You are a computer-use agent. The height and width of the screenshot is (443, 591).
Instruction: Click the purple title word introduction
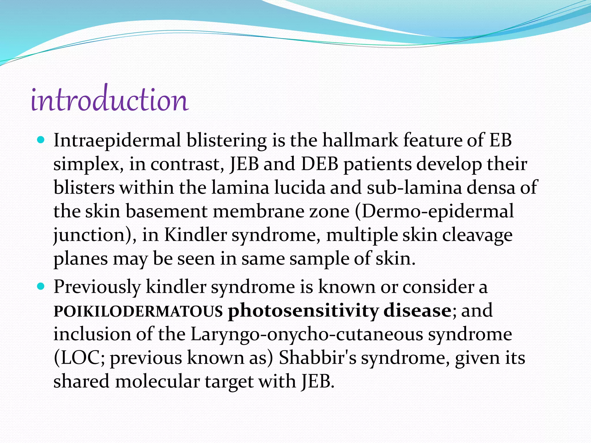coord(110,100)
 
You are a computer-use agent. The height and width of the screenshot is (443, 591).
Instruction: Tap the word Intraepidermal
coord(117,140)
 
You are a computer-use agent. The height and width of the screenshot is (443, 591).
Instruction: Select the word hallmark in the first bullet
coord(360,140)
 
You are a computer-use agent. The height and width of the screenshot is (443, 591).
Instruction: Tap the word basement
coord(166,211)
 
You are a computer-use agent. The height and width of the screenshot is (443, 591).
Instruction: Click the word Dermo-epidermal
coord(434,212)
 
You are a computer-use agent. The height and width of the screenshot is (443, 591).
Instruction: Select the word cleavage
coord(477,235)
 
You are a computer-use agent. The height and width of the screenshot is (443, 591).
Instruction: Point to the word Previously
coord(97,287)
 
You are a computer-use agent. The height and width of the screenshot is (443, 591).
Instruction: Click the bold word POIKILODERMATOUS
coord(138,311)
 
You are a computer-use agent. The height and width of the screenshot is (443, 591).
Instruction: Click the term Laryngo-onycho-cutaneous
coord(306,335)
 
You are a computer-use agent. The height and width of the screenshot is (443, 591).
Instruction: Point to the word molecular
coord(157,381)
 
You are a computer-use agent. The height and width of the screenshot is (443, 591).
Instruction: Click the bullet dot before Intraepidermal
coord(41,140)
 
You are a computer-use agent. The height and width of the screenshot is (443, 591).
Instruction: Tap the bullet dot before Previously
coord(41,287)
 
